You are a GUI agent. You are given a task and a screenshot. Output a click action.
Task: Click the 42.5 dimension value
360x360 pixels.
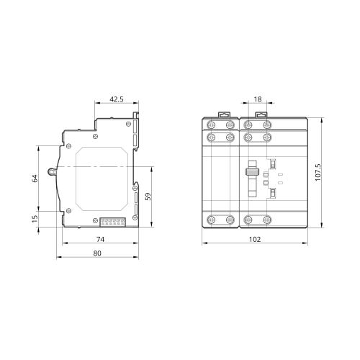pos(117,99)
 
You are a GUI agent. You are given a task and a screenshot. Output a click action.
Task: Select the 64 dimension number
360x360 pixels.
pos(35,179)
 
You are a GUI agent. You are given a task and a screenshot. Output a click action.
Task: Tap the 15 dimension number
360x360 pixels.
pos(35,218)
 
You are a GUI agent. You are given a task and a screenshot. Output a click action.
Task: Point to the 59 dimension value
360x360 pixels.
pos(148,197)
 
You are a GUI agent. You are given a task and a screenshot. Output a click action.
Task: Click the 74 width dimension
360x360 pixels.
pos(100,239)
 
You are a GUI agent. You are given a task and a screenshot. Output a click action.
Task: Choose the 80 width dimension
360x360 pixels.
pos(97,253)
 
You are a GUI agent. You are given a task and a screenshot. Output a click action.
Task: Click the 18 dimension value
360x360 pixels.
pos(258,99)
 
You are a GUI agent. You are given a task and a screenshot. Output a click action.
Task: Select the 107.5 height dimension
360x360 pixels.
pos(318,173)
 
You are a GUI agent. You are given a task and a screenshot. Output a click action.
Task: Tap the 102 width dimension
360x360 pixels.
pos(255,239)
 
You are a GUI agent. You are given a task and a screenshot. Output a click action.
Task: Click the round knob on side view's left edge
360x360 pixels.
pos(52,171)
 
